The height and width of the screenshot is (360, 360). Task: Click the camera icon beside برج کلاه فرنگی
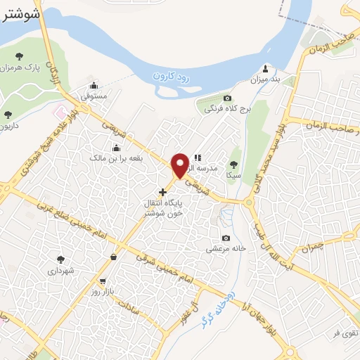pyautogui.click(x=226, y=98)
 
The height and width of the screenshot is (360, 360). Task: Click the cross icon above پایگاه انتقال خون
pyautogui.click(x=163, y=191)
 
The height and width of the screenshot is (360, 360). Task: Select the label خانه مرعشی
pyautogui.click(x=224, y=248)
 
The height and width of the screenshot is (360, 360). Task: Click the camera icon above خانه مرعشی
pyautogui.click(x=225, y=238)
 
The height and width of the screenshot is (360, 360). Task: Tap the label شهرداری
pyautogui.click(x=61, y=269)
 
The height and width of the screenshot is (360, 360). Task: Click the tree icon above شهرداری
pyautogui.click(x=60, y=259)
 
